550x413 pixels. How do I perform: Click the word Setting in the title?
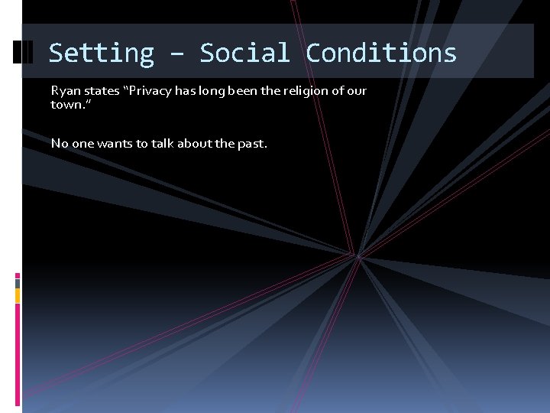(101, 53)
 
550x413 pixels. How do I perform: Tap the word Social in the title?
(244, 53)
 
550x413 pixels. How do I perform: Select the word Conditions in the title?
(381, 53)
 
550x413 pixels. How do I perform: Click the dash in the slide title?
(176, 54)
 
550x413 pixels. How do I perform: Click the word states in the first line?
(101, 91)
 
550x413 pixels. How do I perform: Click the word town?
(66, 104)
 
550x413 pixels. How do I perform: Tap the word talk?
(163, 143)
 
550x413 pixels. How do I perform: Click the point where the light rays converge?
(356, 255)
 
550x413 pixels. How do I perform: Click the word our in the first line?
(356, 91)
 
